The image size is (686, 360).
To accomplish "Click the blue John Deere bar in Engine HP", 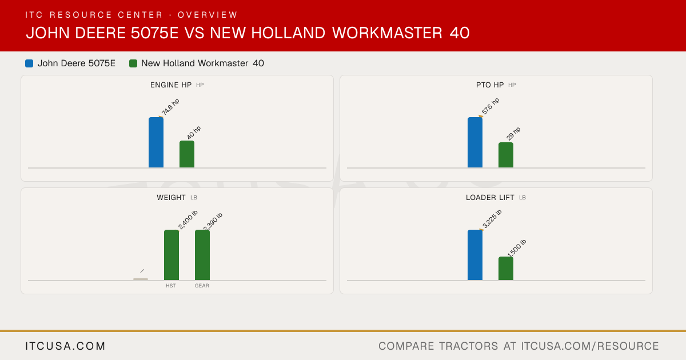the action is click(x=156, y=142).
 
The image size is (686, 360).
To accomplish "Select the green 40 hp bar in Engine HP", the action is click(x=187, y=154).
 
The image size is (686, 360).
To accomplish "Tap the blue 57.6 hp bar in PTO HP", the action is click(x=475, y=142).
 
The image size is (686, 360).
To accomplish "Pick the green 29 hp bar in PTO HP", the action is click(x=506, y=155).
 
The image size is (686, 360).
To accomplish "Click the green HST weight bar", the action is click(x=171, y=255).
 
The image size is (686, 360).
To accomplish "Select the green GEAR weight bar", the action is click(x=202, y=255).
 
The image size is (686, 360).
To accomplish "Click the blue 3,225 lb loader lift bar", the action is click(x=475, y=255).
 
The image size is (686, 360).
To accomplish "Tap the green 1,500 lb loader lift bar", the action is click(x=506, y=268).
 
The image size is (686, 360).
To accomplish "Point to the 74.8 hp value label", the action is click(x=170, y=107).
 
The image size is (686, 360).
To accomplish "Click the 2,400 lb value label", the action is click(x=188, y=220).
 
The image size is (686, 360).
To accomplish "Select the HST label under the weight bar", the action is click(x=171, y=286).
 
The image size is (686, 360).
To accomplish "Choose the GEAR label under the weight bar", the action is click(x=202, y=286).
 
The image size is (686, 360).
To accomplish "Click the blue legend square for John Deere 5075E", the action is click(x=29, y=63).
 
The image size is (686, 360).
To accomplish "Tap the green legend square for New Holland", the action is click(x=133, y=63).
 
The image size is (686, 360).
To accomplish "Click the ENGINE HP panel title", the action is click(x=171, y=85).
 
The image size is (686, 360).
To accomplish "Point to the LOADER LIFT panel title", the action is click(x=490, y=198).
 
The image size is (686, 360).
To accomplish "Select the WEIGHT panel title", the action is click(x=171, y=198).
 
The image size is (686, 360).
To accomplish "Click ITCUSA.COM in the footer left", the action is click(x=65, y=346).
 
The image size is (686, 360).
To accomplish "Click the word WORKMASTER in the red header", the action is click(x=388, y=33).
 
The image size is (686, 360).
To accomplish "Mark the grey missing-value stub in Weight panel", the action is click(x=141, y=279).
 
